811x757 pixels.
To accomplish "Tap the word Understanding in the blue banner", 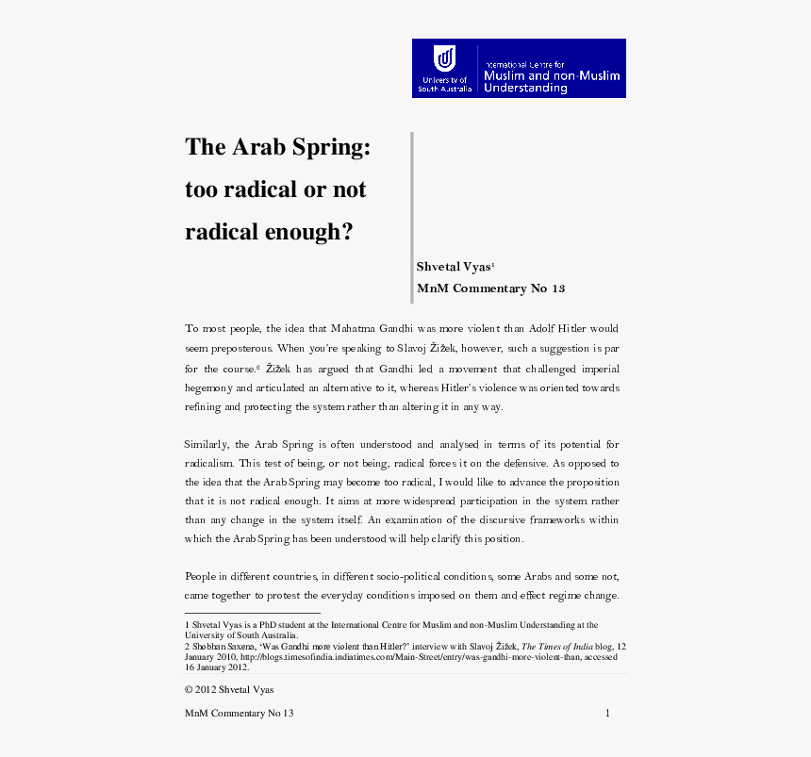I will click(525, 88).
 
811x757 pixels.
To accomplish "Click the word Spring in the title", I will click(324, 147).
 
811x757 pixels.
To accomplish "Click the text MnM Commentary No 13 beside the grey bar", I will click(490, 288).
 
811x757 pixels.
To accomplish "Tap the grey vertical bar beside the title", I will click(412, 218).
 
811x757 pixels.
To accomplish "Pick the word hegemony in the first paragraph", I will click(207, 387).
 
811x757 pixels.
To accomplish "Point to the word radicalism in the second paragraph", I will click(208, 464).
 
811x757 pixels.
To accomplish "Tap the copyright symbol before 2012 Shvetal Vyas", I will click(189, 690).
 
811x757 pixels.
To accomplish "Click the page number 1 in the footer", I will click(608, 714).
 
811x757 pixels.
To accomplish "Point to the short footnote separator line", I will click(252, 614).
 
